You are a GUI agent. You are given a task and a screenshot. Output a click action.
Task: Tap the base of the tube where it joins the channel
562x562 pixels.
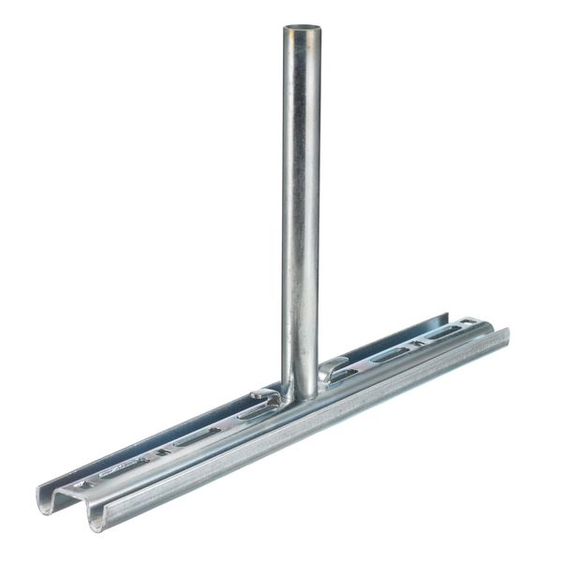(x=302, y=393)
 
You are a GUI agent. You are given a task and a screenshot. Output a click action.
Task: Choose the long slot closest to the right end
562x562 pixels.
(x=444, y=334)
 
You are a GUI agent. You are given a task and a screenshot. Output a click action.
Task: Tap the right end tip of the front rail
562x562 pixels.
(x=506, y=333)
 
